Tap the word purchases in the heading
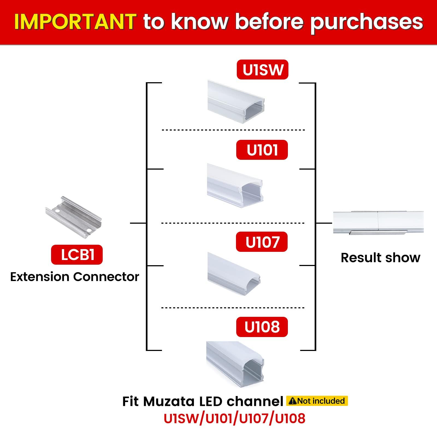point(367,22)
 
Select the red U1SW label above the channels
point(262,70)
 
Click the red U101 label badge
point(262,150)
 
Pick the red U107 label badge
point(262,242)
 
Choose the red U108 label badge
point(262,327)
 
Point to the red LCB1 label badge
point(77,255)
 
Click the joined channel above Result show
point(378,222)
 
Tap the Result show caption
point(380,258)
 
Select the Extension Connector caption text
point(75,277)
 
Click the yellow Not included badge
point(317,401)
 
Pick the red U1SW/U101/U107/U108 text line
point(234,418)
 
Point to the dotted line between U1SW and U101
point(233,130)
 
